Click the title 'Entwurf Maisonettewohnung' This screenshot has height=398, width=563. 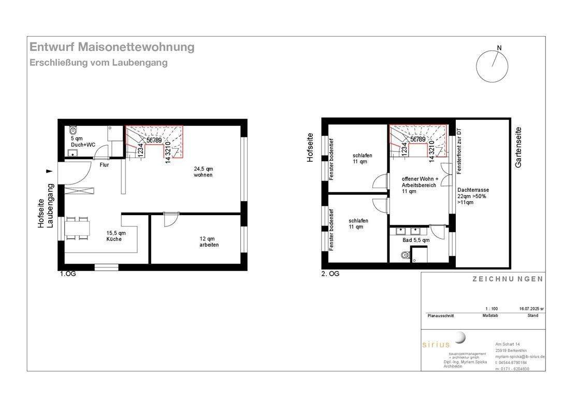[x=112, y=47]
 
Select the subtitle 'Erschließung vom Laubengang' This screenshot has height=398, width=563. [x=98, y=63]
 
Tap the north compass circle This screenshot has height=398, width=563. [x=493, y=66]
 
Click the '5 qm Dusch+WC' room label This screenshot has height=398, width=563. [x=83, y=141]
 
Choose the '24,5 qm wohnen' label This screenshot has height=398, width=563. [x=203, y=172]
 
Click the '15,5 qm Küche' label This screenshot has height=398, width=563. [x=114, y=236]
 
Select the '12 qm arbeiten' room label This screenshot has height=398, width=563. [x=209, y=241]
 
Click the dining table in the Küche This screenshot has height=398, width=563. [x=78, y=229]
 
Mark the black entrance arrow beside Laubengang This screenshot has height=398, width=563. [x=49, y=170]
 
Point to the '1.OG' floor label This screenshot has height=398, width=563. [x=67, y=274]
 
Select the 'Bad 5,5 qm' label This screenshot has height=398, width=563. [x=416, y=240]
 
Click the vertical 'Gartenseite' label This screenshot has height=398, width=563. [x=518, y=147]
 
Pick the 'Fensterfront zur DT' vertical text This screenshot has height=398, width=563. [x=459, y=150]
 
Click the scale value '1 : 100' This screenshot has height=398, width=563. [x=491, y=308]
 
